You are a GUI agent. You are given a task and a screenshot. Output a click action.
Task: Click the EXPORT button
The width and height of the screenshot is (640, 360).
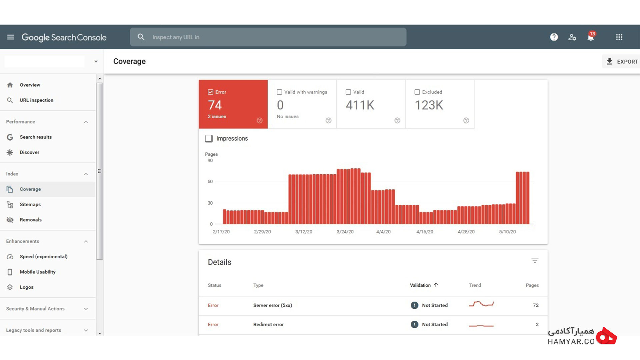tap(622, 61)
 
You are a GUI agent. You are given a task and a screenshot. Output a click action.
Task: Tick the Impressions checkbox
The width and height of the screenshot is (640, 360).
tap(209, 138)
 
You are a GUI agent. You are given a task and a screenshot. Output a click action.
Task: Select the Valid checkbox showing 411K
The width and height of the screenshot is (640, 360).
tap(348, 92)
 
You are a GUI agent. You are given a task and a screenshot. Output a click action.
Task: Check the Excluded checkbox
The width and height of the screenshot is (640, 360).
tap(417, 92)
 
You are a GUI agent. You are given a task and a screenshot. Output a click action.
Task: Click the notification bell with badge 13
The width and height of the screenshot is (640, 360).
tap(591, 37)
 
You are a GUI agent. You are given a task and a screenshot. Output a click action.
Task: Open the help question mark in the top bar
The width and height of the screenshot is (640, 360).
tap(554, 37)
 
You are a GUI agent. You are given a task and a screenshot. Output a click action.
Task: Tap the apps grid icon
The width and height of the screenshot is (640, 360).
tap(619, 37)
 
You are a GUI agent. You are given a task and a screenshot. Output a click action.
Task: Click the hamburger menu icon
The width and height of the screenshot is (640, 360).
tap(11, 37)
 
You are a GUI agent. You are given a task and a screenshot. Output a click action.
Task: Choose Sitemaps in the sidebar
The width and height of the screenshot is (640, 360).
tap(30, 204)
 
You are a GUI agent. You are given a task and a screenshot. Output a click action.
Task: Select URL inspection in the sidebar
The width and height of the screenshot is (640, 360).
tap(36, 100)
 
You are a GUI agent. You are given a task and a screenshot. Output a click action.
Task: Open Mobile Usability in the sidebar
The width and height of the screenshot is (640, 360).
tap(38, 272)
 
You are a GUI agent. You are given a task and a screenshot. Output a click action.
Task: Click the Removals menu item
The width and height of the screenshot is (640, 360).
tap(31, 220)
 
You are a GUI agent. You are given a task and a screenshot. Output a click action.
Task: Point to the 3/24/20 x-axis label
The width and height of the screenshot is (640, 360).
tap(345, 232)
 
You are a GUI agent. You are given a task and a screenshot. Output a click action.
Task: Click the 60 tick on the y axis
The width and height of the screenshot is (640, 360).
tap(210, 182)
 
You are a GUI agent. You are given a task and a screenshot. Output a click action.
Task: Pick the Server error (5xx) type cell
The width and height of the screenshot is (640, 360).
tap(273, 305)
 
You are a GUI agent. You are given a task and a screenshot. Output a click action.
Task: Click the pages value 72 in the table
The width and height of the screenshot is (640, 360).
tap(536, 305)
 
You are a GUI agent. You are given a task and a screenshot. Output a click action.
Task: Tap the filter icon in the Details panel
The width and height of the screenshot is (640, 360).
tap(535, 261)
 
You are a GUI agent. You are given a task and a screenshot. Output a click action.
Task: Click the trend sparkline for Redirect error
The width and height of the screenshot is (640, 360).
tap(481, 325)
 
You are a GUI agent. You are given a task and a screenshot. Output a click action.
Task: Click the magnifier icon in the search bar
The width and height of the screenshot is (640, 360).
tap(141, 37)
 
